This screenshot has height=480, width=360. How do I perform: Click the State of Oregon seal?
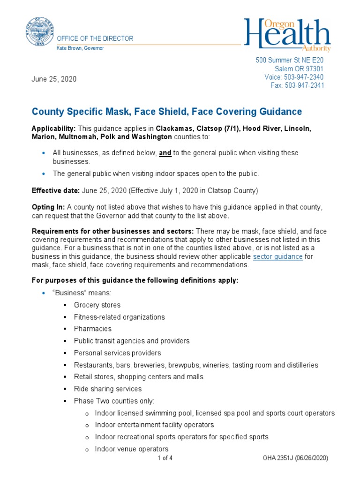click(40, 31)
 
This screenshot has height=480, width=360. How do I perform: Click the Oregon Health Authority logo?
click(287, 35)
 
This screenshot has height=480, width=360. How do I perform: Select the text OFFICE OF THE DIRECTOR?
click(95, 38)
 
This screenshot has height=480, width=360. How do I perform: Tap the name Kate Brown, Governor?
click(80, 48)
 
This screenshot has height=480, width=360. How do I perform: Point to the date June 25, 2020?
click(54, 79)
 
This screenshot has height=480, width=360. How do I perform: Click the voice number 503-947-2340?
click(304, 77)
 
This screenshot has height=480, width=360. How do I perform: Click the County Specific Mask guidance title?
click(166, 112)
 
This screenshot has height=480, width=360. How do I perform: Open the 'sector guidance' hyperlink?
click(277, 257)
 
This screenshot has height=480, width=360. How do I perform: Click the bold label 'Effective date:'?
click(56, 191)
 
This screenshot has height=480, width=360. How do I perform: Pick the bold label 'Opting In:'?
click(48, 207)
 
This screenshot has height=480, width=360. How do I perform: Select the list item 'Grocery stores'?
click(97, 305)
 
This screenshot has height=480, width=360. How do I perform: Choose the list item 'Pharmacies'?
click(92, 329)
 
